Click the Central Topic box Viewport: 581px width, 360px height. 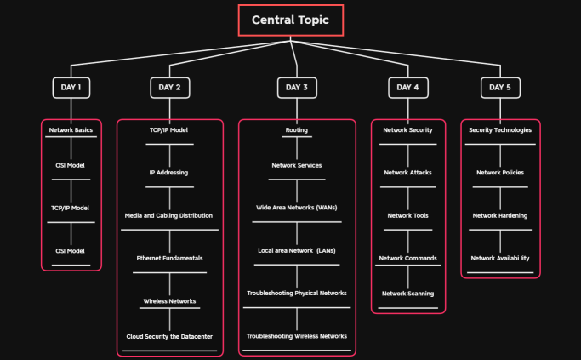coord(290,20)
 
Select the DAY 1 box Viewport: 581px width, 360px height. coord(71,87)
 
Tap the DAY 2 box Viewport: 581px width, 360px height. coord(169,87)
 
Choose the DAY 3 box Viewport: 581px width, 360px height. coord(297,87)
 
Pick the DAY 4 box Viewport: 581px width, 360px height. coord(407,87)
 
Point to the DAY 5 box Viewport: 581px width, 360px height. coord(499,87)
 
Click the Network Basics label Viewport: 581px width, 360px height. coord(71,130)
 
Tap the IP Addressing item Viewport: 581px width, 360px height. coord(168,173)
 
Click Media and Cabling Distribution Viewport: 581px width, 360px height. coord(168,215)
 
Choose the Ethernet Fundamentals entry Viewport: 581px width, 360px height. coord(169,258)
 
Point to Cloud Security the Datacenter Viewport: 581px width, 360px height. coord(169,336)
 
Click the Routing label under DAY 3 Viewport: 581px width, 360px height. coord(296,130)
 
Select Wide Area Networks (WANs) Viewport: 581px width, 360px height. coord(296,208)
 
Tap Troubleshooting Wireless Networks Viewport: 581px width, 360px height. coord(296,336)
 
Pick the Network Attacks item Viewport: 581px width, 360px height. coord(407,173)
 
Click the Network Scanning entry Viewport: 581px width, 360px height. coord(407,294)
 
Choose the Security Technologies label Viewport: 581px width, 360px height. coord(500,130)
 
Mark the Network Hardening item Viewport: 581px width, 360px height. coord(500,215)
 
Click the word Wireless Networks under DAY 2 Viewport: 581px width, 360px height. coord(169,301)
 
